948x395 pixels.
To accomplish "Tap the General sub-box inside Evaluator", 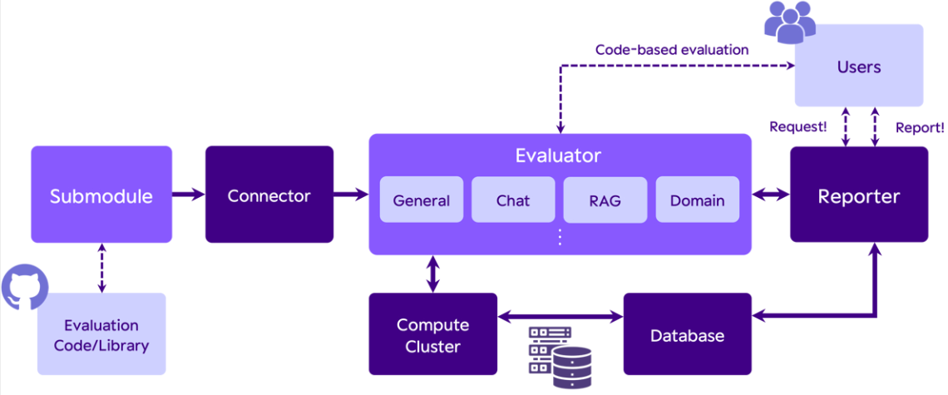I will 422,200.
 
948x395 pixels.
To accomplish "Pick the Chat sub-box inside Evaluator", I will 513,200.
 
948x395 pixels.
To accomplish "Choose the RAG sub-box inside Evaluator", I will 605,200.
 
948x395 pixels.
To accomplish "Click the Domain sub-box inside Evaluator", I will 697,200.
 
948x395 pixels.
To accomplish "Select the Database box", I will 687,336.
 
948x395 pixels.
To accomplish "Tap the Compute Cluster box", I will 432,335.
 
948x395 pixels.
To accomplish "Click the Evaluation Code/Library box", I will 101,334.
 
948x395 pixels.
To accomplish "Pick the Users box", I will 859,67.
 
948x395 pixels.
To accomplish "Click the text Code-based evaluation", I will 672,50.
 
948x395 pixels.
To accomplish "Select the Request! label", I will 798,127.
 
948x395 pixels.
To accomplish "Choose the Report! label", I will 919,127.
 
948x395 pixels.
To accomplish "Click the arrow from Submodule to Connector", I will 188,195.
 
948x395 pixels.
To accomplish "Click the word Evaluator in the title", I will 558,156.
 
